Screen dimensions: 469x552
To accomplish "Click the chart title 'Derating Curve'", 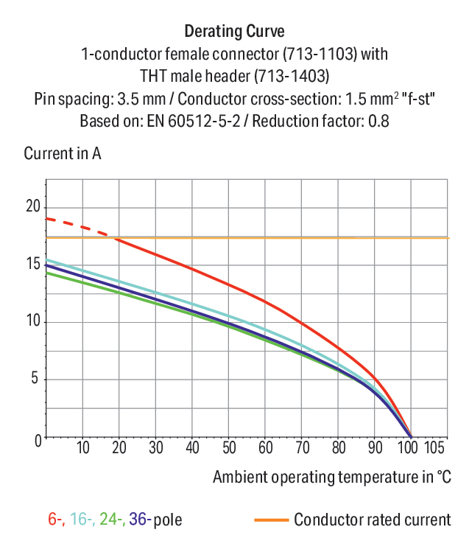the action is tap(234, 31).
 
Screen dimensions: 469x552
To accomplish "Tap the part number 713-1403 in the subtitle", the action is tap(292, 76).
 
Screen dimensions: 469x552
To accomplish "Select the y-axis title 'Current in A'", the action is tap(63, 153).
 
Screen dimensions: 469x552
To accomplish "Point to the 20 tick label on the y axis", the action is tap(33, 206).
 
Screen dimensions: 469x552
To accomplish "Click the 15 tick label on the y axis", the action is tap(33, 263).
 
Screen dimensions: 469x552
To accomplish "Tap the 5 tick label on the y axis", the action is tap(35, 378).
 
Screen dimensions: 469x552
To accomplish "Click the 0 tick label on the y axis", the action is tap(38, 441).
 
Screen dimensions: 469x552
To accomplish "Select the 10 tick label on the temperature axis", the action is tap(83, 448).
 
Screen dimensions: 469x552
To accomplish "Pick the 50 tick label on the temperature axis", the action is tap(229, 448).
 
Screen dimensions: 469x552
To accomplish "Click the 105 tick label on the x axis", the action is tap(434, 448).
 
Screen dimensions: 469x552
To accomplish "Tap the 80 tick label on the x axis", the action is tap(339, 448).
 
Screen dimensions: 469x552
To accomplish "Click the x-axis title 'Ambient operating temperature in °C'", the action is tap(332, 478).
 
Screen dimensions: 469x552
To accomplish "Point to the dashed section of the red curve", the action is tap(77, 226).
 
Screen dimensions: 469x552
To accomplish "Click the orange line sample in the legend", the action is tap(271, 520).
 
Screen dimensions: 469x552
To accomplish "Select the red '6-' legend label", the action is tap(56, 520).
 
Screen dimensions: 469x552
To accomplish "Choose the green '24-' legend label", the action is tap(113, 520).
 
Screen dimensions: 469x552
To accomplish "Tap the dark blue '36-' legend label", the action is tap(141, 520).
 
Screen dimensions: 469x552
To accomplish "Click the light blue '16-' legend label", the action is tap(82, 520).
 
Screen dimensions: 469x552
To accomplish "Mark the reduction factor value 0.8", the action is tap(378, 121).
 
